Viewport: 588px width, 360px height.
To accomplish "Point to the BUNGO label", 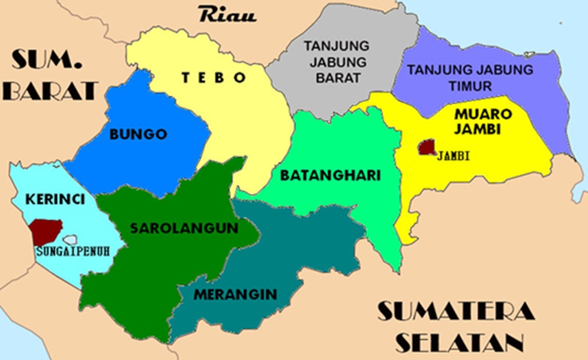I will tap(138, 134).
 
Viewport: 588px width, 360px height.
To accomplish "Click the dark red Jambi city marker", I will tap(427, 147).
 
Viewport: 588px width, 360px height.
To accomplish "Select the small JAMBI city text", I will tap(454, 157).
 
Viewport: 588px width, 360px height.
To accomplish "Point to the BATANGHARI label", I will tap(331, 176).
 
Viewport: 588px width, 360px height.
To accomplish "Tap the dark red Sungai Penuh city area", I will tap(46, 229).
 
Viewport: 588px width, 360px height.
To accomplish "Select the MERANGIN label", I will tap(236, 295).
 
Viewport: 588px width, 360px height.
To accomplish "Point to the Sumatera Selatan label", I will tap(455, 327).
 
